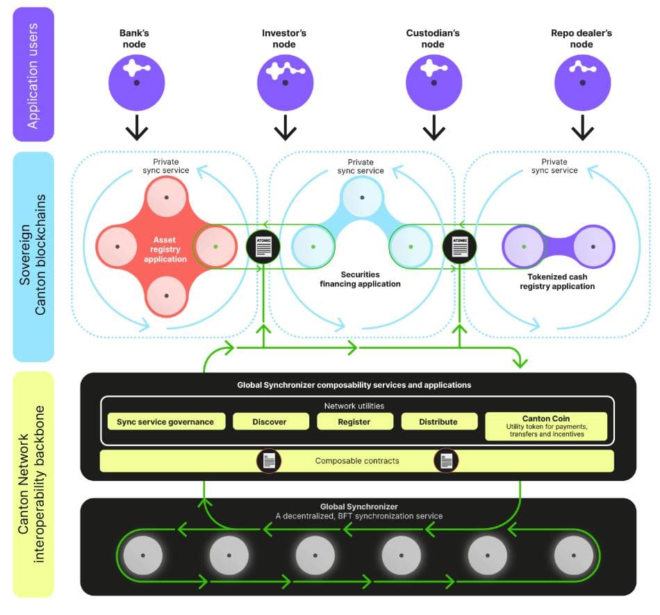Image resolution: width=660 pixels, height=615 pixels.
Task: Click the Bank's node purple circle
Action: tap(137, 83)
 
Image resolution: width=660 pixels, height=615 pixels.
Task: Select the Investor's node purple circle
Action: tap(285, 83)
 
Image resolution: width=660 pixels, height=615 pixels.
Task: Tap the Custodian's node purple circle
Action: tap(434, 83)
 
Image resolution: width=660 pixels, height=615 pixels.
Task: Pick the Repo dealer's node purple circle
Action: tap(582, 83)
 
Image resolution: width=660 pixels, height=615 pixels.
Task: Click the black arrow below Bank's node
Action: tap(137, 128)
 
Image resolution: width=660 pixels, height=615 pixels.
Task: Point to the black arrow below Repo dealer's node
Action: tap(582, 128)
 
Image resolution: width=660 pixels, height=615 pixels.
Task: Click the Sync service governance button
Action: tap(166, 421)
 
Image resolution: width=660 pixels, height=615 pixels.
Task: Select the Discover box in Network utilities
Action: tap(270, 421)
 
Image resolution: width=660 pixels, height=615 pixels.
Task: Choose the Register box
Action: tap(355, 421)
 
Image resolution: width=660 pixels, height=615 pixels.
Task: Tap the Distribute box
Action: tap(439, 421)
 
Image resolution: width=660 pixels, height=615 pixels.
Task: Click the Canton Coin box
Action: tap(546, 426)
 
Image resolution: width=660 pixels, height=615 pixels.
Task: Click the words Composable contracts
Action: tap(356, 461)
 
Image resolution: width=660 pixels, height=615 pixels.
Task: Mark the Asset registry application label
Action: tap(165, 250)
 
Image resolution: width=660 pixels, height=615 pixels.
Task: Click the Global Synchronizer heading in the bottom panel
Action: tap(358, 507)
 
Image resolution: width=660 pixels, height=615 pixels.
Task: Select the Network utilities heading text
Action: tap(354, 406)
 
